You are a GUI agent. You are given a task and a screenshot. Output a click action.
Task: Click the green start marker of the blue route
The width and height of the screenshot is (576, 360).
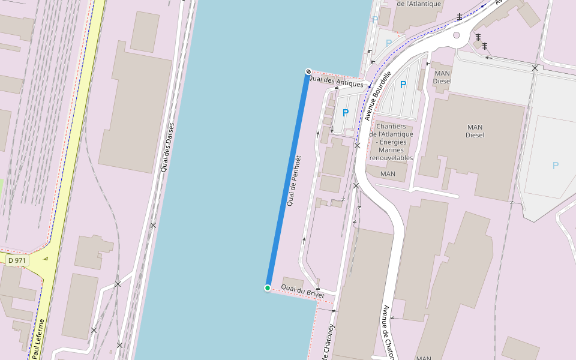pos(268,288)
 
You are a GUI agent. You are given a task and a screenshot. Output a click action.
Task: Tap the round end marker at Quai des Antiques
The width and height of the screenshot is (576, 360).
pos(308,72)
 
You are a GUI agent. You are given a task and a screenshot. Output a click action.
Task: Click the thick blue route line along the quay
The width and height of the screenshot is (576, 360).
pos(288,180)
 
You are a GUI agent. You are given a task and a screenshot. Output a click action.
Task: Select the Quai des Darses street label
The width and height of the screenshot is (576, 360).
pos(167,148)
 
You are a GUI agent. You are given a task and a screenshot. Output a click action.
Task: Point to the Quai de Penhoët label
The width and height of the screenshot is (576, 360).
pos(293,181)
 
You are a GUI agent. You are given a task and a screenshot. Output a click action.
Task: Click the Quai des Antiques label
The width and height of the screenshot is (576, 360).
pos(335,81)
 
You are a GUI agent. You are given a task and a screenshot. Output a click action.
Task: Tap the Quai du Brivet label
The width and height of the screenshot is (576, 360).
pos(302,292)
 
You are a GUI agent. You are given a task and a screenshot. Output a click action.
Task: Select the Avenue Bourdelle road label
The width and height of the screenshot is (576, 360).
pos(377,95)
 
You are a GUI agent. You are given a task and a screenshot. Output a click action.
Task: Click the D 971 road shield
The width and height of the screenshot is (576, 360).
pos(18,260)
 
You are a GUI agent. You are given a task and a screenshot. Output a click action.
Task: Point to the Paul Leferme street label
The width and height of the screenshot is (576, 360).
pos(37,339)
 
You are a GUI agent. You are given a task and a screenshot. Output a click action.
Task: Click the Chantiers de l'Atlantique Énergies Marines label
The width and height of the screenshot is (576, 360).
pos(391,142)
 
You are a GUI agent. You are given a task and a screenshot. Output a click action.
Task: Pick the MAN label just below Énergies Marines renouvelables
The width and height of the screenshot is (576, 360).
pos(388,174)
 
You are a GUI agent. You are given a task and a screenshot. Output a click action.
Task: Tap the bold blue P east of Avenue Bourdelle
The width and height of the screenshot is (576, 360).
pos(403,85)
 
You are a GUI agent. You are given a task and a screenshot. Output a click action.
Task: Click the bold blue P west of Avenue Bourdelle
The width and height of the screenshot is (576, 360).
pos(346,113)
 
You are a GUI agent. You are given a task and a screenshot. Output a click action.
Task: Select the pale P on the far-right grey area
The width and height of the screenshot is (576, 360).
pos(555,166)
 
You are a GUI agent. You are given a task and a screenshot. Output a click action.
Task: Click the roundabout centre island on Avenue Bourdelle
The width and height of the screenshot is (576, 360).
pos(456,35)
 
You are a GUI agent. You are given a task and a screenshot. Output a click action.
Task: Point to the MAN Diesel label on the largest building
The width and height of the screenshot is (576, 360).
pos(475,131)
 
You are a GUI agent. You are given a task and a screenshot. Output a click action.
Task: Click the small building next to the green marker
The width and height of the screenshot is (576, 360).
pos(293,283)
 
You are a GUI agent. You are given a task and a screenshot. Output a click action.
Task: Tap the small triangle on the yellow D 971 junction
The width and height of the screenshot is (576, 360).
pos(46,259)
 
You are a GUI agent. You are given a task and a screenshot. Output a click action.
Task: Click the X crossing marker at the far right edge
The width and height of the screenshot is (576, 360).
pos(535,68)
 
